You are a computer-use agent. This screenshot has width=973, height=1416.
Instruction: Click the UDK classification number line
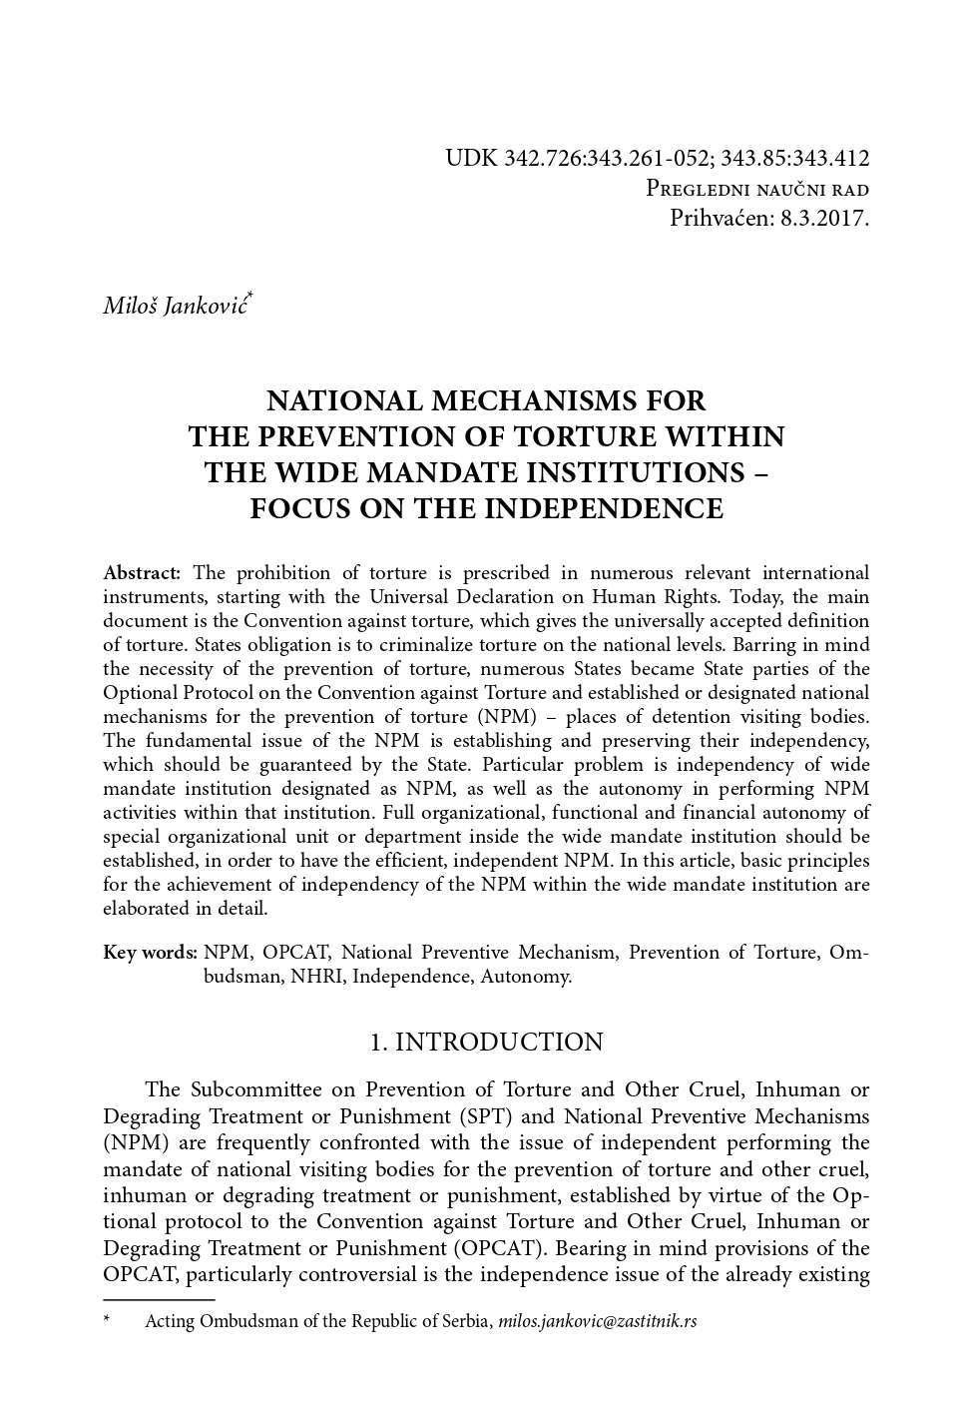pos(657,158)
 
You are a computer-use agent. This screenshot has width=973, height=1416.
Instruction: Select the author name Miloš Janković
pos(177,305)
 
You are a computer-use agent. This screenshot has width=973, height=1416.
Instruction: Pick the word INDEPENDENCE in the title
pos(604,508)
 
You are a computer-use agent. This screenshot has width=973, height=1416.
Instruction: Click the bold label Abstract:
pos(142,573)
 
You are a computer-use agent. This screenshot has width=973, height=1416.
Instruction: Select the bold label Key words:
pos(150,953)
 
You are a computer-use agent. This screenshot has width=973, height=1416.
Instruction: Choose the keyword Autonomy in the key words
pos(525,977)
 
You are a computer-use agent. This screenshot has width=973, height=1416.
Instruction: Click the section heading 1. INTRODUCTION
pos(486,1043)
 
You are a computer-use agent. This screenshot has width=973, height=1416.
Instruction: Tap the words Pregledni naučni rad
pos(757,190)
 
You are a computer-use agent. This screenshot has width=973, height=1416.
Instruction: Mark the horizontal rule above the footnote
pos(159,1300)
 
